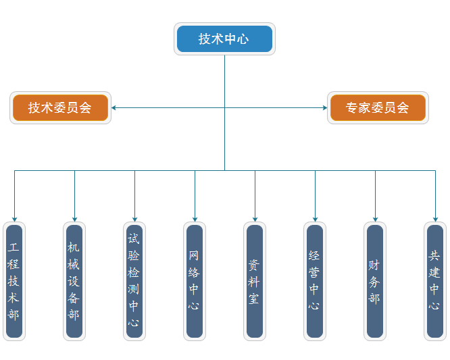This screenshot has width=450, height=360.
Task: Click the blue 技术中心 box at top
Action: point(224,39)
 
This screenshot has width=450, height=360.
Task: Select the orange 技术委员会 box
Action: point(60,107)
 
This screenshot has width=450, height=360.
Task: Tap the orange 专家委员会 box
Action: point(378,107)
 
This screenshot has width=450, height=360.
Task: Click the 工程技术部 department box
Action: point(14,281)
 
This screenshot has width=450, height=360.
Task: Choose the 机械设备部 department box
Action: point(74,281)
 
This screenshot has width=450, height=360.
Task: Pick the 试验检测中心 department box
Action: point(134,281)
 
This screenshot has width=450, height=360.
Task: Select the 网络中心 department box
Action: point(195,281)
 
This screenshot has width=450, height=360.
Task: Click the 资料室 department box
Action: point(255,281)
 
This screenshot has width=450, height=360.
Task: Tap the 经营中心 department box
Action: point(315,281)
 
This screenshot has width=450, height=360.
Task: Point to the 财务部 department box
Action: point(375,281)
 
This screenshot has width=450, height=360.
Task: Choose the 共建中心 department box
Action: point(435,281)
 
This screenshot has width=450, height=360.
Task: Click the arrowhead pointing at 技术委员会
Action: point(114,107)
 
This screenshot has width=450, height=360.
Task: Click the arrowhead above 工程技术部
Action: point(14,218)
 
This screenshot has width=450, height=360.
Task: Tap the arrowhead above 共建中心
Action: point(435,218)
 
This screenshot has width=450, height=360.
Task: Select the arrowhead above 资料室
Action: point(255,218)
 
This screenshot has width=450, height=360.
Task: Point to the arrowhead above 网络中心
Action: point(195,218)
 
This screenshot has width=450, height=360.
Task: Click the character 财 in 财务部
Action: point(375,264)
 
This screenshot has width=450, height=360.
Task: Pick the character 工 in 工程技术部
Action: point(14,247)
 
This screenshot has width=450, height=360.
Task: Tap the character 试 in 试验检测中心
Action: point(134,239)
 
